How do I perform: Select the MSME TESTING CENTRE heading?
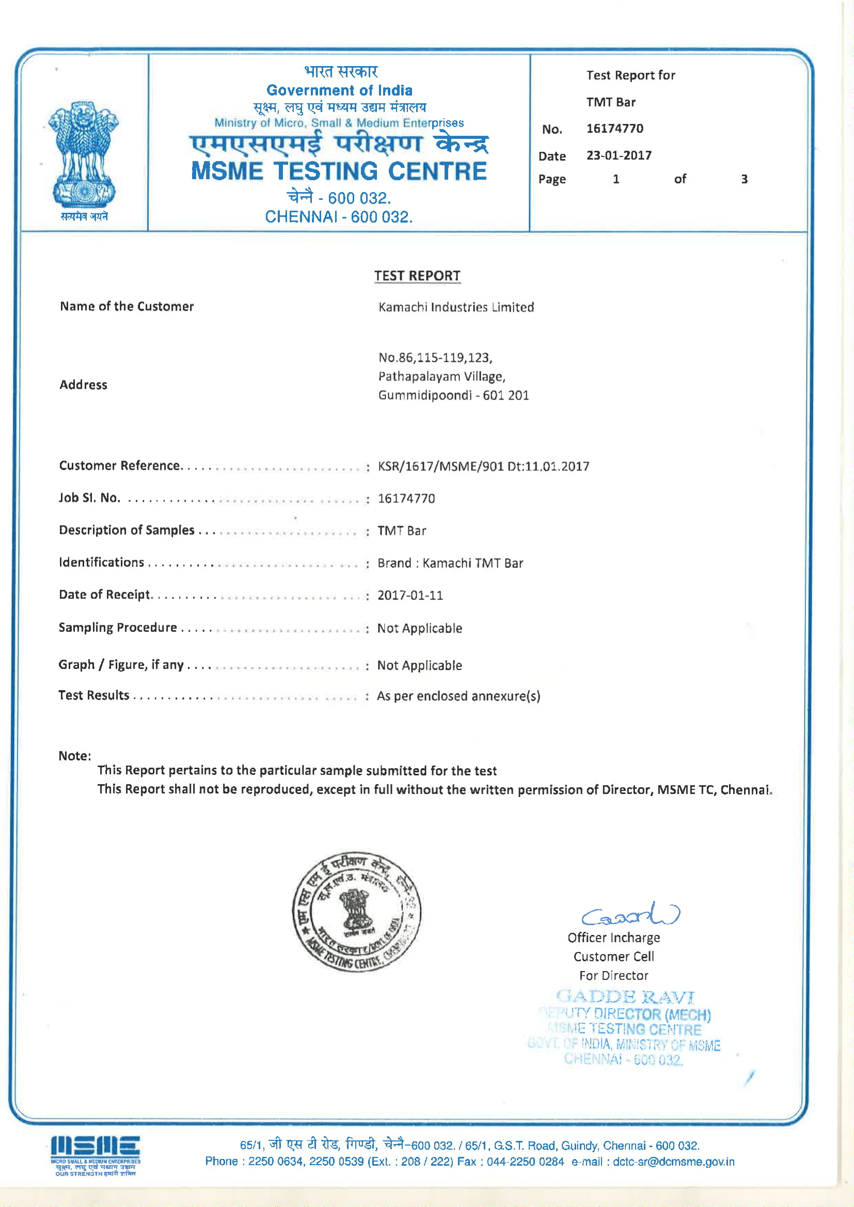339,171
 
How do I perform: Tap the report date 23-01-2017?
619,155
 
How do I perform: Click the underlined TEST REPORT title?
417,276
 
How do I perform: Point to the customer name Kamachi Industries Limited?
456,307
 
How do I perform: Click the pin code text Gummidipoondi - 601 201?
453,395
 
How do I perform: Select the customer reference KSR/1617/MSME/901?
440,466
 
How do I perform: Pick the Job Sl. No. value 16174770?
406,498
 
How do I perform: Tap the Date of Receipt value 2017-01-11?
410,596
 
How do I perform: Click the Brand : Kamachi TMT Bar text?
450,564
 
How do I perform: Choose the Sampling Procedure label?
118,628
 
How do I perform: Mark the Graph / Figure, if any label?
121,665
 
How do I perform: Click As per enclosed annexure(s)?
458,696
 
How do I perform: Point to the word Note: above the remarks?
75,756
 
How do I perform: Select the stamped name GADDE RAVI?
625,996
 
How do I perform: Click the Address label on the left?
83,385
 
